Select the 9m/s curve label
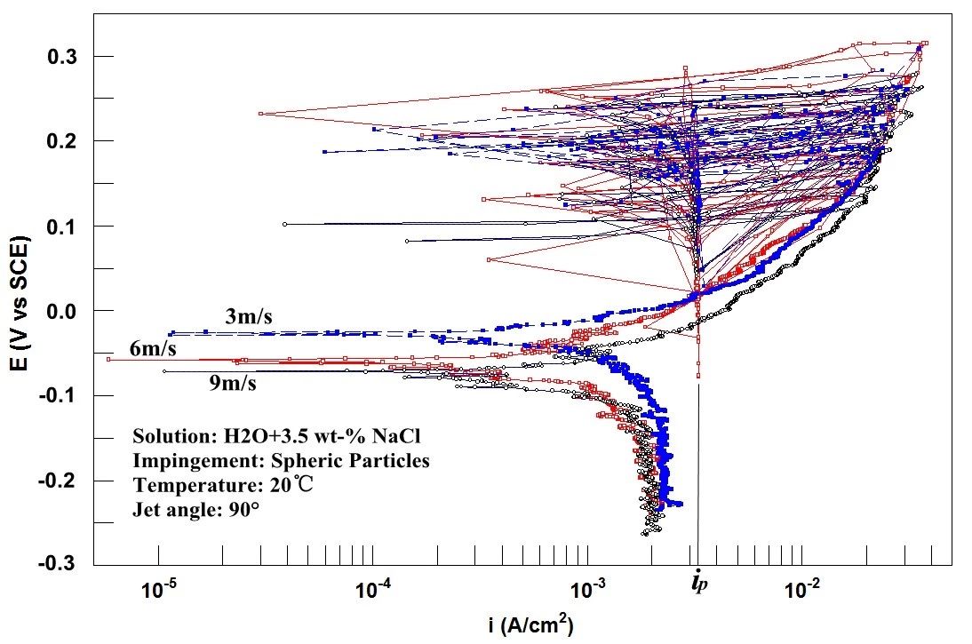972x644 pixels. click(234, 384)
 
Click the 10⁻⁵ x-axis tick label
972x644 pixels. click(159, 590)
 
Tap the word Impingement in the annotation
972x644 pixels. click(180, 462)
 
